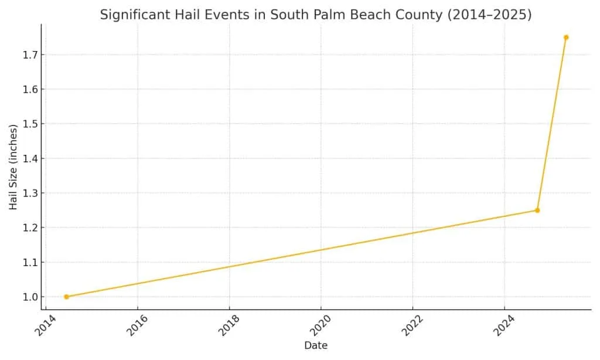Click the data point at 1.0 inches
tap(66, 297)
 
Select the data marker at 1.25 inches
tap(537, 210)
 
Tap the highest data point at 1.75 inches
tap(566, 38)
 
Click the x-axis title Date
tap(316, 346)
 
